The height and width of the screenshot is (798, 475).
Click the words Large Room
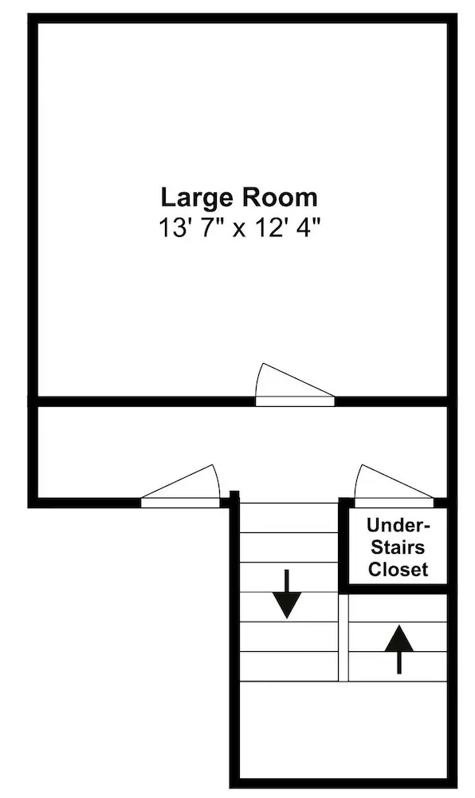[239, 197]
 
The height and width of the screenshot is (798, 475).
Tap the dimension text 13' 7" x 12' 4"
[241, 227]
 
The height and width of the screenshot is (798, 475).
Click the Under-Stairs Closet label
[398, 547]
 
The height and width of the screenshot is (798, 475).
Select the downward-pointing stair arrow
[288, 594]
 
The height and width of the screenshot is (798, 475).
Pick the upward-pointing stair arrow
[398, 649]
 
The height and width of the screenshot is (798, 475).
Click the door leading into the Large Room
[295, 385]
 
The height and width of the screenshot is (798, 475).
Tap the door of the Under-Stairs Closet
[395, 486]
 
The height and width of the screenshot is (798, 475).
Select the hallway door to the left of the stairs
[180, 487]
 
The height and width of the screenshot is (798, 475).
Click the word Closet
[398, 569]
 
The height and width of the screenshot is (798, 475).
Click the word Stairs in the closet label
[398, 547]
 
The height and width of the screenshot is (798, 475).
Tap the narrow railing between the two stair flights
[343, 637]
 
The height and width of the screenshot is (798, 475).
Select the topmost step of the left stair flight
[289, 518]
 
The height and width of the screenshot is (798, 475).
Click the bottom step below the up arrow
[398, 666]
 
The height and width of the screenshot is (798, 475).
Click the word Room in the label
[279, 197]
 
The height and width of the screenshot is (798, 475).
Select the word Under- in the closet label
[398, 525]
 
